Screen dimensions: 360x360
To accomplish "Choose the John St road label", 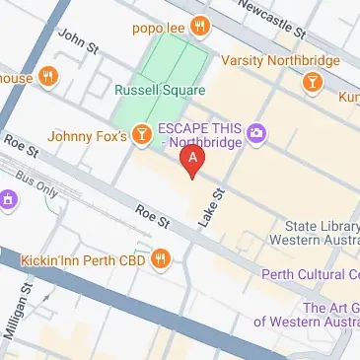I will point(80,42).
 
